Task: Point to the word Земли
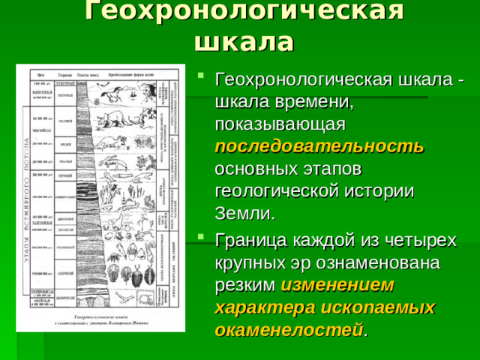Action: tap(244, 214)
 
